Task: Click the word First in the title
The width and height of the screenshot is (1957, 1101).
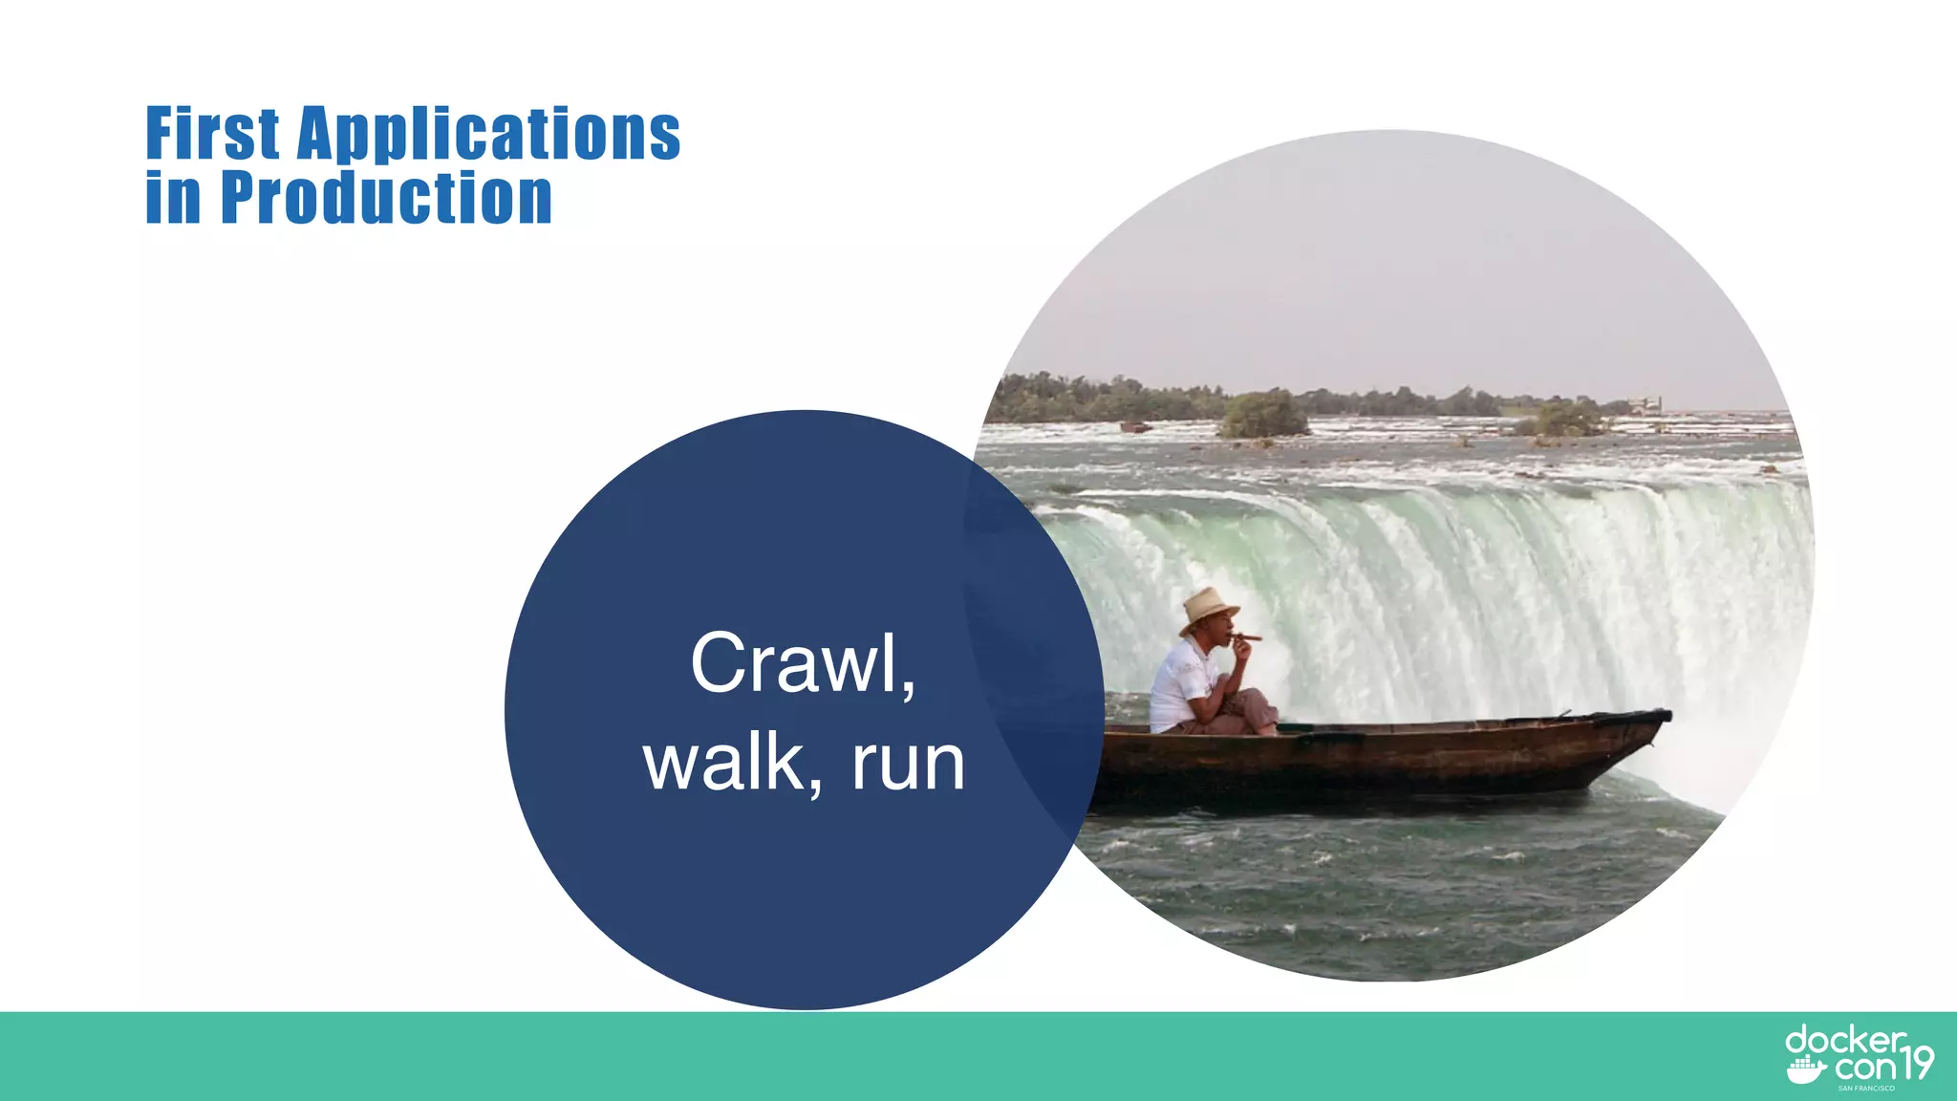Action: [x=212, y=134]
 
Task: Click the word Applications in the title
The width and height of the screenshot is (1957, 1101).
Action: [x=489, y=134]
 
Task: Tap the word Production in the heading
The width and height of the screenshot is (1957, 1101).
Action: [x=386, y=198]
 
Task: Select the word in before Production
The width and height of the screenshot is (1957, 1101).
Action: [x=173, y=198]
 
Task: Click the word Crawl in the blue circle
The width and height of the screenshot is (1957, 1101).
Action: [x=793, y=663]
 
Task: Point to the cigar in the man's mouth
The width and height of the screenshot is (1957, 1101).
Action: [x=1248, y=637]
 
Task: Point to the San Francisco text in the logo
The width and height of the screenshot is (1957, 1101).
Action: [x=1865, y=1088]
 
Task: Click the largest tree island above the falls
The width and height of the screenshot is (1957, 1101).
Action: [x=1263, y=415]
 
